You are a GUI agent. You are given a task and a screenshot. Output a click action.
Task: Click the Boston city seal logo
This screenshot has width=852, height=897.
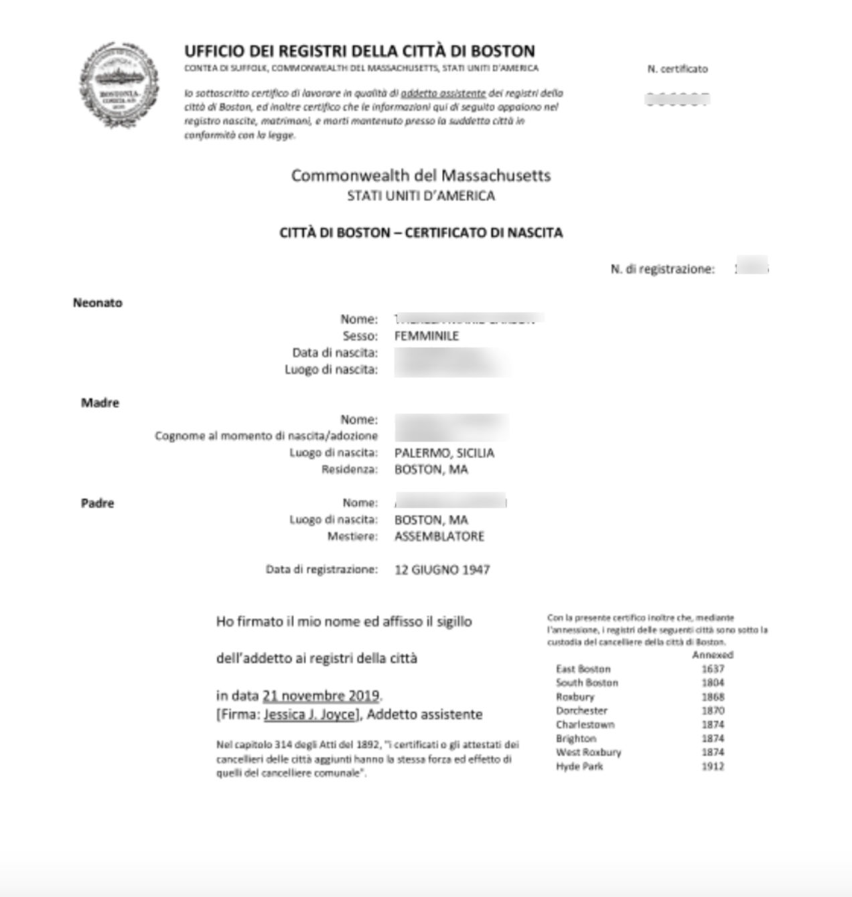pos(119,85)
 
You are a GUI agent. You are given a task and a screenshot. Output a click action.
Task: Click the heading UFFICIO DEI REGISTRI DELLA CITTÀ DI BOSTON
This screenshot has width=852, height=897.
pos(360,52)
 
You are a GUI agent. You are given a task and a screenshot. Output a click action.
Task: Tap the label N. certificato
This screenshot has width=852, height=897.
pos(677,69)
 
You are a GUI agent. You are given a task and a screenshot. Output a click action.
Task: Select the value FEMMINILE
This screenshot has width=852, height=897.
pos(427,336)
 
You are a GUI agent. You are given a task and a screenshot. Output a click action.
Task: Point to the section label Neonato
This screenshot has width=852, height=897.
pos(98,303)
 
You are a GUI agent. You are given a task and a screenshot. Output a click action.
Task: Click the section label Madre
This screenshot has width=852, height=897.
pos(100,403)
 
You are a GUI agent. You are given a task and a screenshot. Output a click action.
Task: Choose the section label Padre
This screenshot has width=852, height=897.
pos(98,503)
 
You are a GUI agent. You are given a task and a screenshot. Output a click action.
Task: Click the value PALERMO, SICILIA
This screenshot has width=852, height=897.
pos(444,453)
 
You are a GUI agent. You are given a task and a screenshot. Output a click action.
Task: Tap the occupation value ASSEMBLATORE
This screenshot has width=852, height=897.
pos(439,536)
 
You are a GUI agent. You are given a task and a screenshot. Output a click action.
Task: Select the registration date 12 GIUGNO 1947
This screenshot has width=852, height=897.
pos(442,570)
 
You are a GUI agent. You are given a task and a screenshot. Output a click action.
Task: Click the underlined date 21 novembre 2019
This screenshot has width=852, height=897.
pos(321,696)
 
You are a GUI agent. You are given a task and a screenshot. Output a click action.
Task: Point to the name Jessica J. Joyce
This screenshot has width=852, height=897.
pos(309,714)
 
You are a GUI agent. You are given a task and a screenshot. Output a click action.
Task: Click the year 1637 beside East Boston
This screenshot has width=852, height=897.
pos(713,669)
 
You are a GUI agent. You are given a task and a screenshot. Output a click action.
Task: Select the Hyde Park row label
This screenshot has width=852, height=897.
pos(579,766)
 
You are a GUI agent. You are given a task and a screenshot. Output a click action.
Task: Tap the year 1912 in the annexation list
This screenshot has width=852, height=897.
pos(713,766)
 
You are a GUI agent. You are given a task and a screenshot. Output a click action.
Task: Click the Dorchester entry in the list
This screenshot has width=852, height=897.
pos(581,710)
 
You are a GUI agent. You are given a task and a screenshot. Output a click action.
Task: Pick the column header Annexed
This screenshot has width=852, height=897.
pos(712,655)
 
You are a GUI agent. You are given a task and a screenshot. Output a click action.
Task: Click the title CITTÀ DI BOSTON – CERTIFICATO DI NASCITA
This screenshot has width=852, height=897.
pos(421,233)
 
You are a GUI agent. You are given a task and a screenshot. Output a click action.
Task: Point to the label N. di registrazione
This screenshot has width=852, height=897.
pos(662,269)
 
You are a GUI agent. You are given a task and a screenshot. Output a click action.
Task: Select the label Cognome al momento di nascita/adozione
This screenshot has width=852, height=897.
pos(266,436)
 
